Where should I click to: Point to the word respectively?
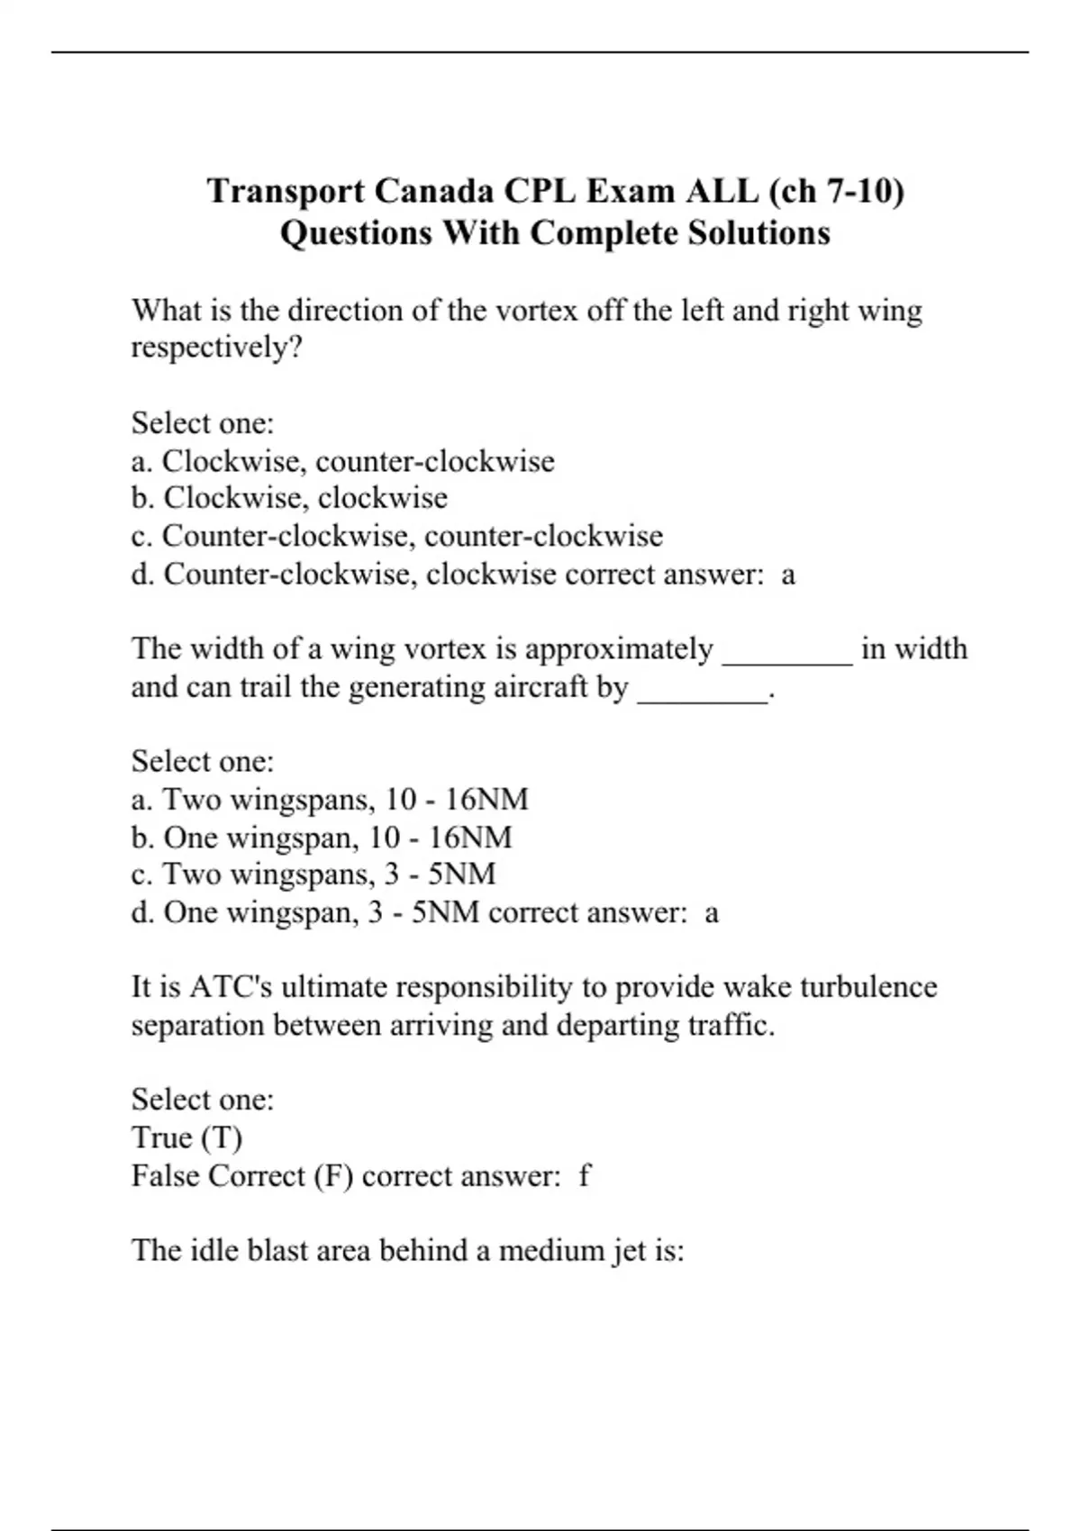coord(216,348)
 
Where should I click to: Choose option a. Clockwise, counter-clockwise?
coord(342,461)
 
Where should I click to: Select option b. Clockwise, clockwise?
coord(289,498)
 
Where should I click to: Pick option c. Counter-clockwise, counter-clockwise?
coord(396,536)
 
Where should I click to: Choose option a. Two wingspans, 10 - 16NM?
coord(330,800)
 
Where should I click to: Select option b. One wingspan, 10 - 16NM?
coord(322,838)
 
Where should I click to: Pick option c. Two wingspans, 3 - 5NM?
coord(313,874)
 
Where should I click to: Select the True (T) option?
coord(186,1137)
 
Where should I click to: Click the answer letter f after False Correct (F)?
coord(585,1176)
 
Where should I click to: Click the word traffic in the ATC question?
coord(730,1025)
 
